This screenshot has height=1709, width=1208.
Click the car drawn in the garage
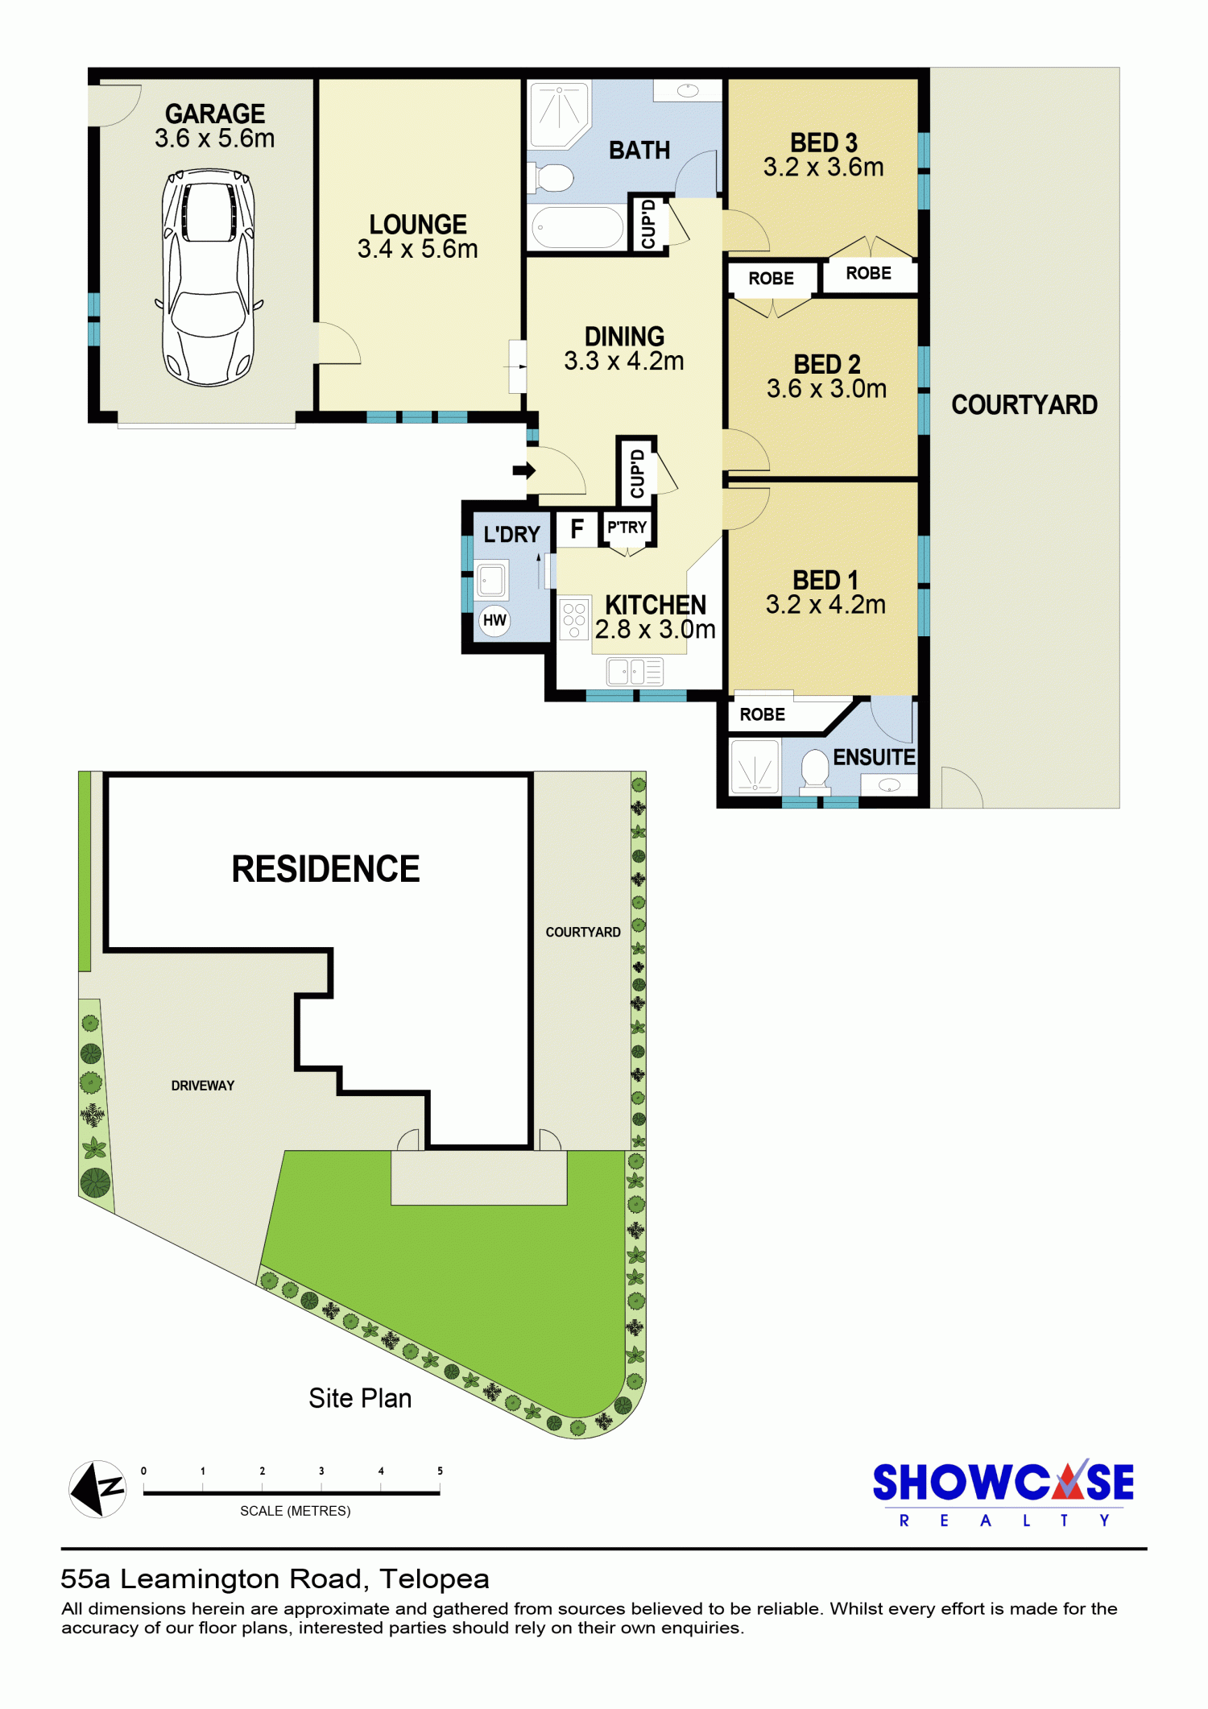[x=209, y=277]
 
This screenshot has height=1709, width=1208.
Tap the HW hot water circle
[x=494, y=620]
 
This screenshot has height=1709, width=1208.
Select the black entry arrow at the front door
[x=524, y=470]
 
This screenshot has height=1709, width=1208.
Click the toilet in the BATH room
[x=552, y=178]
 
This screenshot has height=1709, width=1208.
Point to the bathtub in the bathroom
[x=577, y=227]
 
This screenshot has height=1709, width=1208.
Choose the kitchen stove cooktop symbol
[x=574, y=620]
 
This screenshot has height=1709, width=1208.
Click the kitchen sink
[x=635, y=671]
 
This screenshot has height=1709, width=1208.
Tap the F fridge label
[x=577, y=529]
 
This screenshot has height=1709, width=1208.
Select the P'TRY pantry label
[x=627, y=528]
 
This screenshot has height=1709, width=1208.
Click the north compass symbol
[x=97, y=1489]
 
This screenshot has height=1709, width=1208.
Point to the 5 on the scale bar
[x=440, y=1471]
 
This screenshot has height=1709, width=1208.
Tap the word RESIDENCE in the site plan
[x=325, y=869]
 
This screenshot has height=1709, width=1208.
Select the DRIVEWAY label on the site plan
[x=203, y=1086]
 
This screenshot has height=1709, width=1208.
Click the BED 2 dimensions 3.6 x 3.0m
[x=826, y=389]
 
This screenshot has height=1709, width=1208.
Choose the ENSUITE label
[x=874, y=757]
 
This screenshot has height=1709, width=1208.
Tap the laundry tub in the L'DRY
[x=491, y=580]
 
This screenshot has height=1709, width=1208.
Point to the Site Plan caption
[x=360, y=1398]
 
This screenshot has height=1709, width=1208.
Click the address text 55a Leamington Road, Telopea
[x=275, y=1579]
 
